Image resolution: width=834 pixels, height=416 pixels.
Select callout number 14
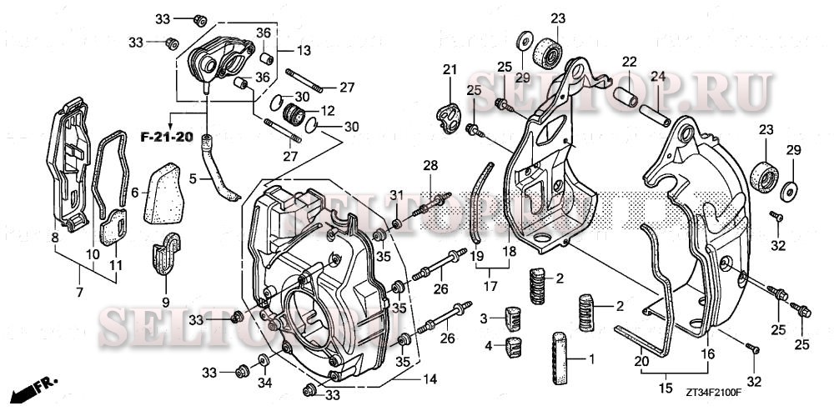(430, 379)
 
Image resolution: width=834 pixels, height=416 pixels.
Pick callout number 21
(450, 69)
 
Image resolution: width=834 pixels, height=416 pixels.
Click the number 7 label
(80, 293)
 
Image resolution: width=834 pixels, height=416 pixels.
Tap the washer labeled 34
(264, 359)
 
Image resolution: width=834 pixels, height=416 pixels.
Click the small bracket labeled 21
(449, 113)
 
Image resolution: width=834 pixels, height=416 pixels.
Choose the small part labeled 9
(168, 253)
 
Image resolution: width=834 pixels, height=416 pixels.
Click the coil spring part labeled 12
(294, 113)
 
